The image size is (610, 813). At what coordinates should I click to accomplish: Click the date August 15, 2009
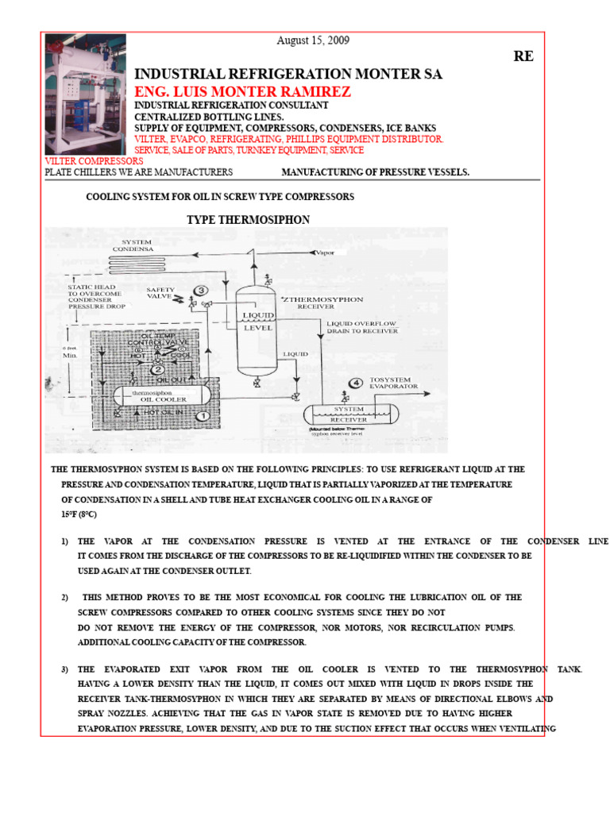point(312,40)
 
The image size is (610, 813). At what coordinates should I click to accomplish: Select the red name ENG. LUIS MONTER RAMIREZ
point(242,92)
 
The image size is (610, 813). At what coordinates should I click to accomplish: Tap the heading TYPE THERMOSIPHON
point(248,219)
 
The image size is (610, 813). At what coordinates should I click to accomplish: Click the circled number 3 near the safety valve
point(202,291)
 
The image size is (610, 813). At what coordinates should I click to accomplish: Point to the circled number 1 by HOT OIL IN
point(202,414)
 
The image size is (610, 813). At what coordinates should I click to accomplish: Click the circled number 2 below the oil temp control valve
point(158,369)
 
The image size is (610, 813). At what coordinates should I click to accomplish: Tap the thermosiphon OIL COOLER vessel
point(159,395)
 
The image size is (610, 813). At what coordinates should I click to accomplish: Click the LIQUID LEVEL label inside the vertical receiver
point(257,321)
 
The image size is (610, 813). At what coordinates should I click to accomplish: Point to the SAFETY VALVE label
point(160,294)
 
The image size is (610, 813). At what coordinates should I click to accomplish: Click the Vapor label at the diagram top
point(326,252)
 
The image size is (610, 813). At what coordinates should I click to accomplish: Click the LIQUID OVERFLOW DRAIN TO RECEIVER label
point(361,327)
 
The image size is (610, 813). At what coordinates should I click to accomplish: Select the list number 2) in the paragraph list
point(66,597)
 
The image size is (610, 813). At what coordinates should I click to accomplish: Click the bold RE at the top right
point(523,56)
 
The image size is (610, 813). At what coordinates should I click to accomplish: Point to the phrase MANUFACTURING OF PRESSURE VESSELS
point(375,171)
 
